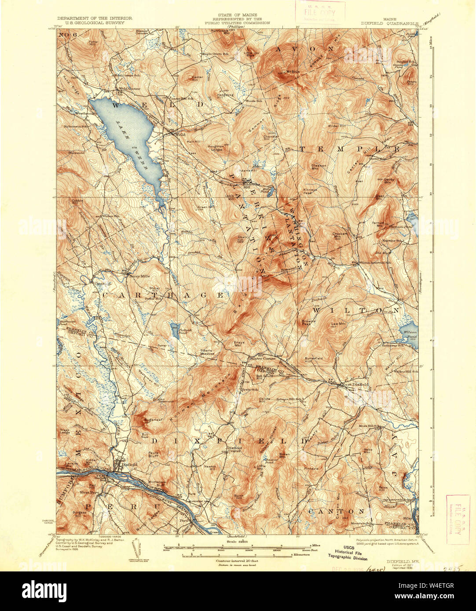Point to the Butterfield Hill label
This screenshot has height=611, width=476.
(314, 360)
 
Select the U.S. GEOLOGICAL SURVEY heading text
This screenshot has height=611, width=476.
(94, 22)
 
